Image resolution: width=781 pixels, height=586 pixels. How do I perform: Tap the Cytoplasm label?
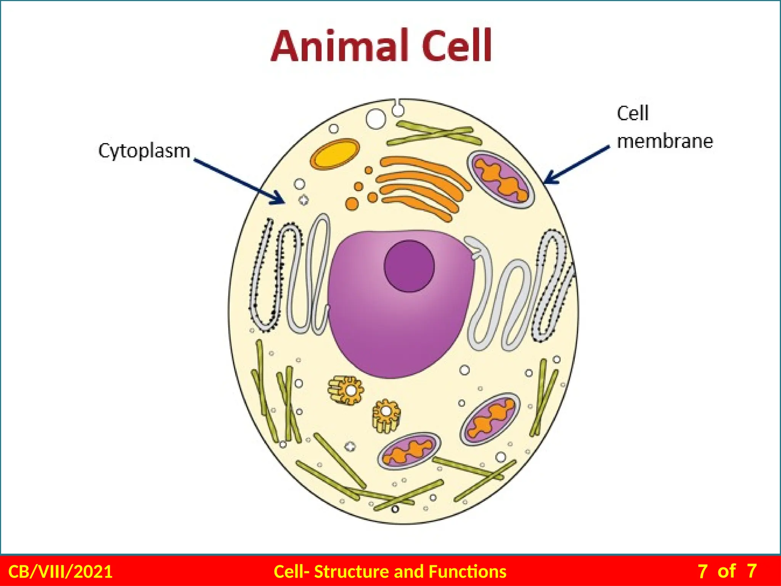pyautogui.click(x=144, y=151)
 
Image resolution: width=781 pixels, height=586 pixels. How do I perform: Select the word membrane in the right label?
pyautogui.click(x=665, y=141)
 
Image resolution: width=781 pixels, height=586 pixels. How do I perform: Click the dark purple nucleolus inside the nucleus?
pyautogui.click(x=409, y=266)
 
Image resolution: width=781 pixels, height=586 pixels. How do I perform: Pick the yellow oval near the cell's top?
pyautogui.click(x=335, y=154)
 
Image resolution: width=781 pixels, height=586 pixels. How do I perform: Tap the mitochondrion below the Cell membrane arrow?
pyautogui.click(x=500, y=179)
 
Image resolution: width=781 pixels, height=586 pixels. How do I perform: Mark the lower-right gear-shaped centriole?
pyautogui.click(x=386, y=416)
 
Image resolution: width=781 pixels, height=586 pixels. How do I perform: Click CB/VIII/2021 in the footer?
pyautogui.click(x=60, y=572)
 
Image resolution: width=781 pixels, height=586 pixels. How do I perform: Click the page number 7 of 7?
pyautogui.click(x=727, y=572)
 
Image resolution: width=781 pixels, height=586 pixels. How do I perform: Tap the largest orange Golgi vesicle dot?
pyautogui.click(x=352, y=203)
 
